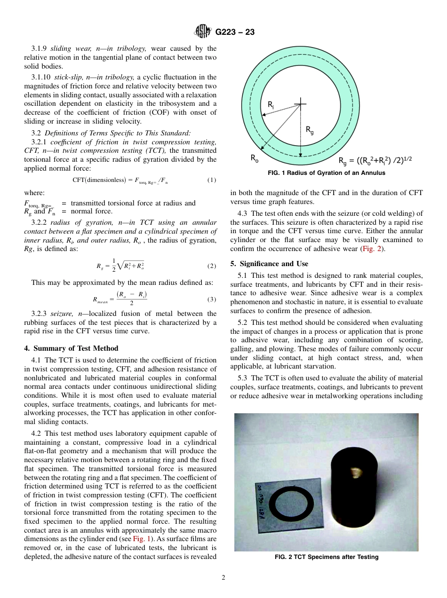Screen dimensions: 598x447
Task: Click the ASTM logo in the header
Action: tap(203, 32)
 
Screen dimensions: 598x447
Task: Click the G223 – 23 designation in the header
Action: tap(235, 32)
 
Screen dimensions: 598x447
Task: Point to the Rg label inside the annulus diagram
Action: tap(310, 130)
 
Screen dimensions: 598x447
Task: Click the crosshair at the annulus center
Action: tap(300, 104)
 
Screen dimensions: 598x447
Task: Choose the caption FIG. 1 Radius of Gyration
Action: tap(326, 173)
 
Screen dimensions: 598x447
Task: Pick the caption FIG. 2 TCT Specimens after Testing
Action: tap(326, 557)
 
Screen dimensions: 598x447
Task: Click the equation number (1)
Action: tap(212, 180)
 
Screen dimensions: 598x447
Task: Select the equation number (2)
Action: tap(212, 266)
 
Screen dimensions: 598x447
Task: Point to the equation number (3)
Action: tap(212, 299)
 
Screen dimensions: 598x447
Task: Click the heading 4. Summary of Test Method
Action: tap(71, 348)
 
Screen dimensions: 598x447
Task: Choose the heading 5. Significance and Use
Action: tap(269, 264)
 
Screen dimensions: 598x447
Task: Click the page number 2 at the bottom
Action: tap(223, 578)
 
